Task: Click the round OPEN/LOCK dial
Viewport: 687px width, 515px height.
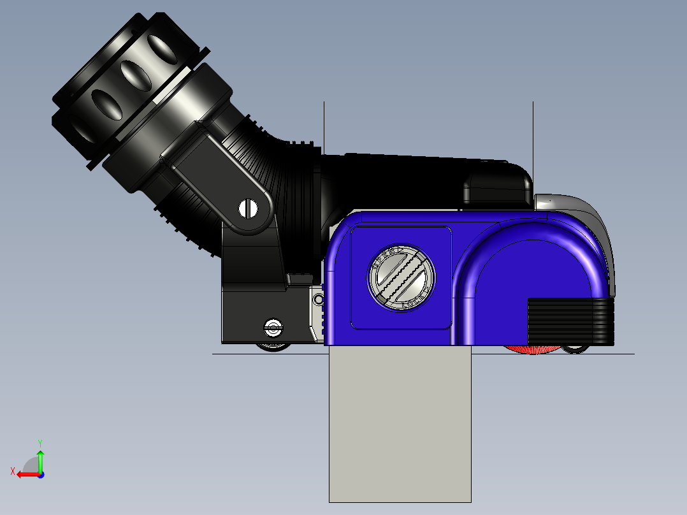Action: (402, 278)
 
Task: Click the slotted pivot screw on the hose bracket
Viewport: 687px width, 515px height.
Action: (249, 208)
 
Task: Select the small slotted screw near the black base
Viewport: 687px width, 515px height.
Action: (273, 328)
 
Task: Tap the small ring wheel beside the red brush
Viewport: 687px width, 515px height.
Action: (575, 349)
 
